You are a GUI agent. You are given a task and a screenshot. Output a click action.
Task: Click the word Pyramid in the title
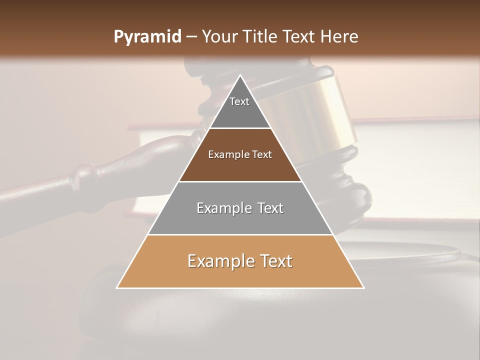pyautogui.click(x=147, y=37)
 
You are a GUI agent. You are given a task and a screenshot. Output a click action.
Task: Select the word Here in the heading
pyautogui.click(x=339, y=37)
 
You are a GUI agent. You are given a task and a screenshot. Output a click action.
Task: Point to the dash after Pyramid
pyautogui.click(x=191, y=37)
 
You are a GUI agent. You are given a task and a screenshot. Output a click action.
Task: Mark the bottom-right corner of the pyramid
pyautogui.click(x=363, y=287)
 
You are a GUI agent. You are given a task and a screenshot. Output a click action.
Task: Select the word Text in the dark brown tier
pyautogui.click(x=262, y=154)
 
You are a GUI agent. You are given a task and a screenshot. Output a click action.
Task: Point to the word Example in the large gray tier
pyautogui.click(x=222, y=208)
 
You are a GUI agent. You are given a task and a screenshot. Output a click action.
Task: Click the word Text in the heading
pyautogui.click(x=299, y=37)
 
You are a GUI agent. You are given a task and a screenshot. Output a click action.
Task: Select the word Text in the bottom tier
pyautogui.click(x=276, y=261)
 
